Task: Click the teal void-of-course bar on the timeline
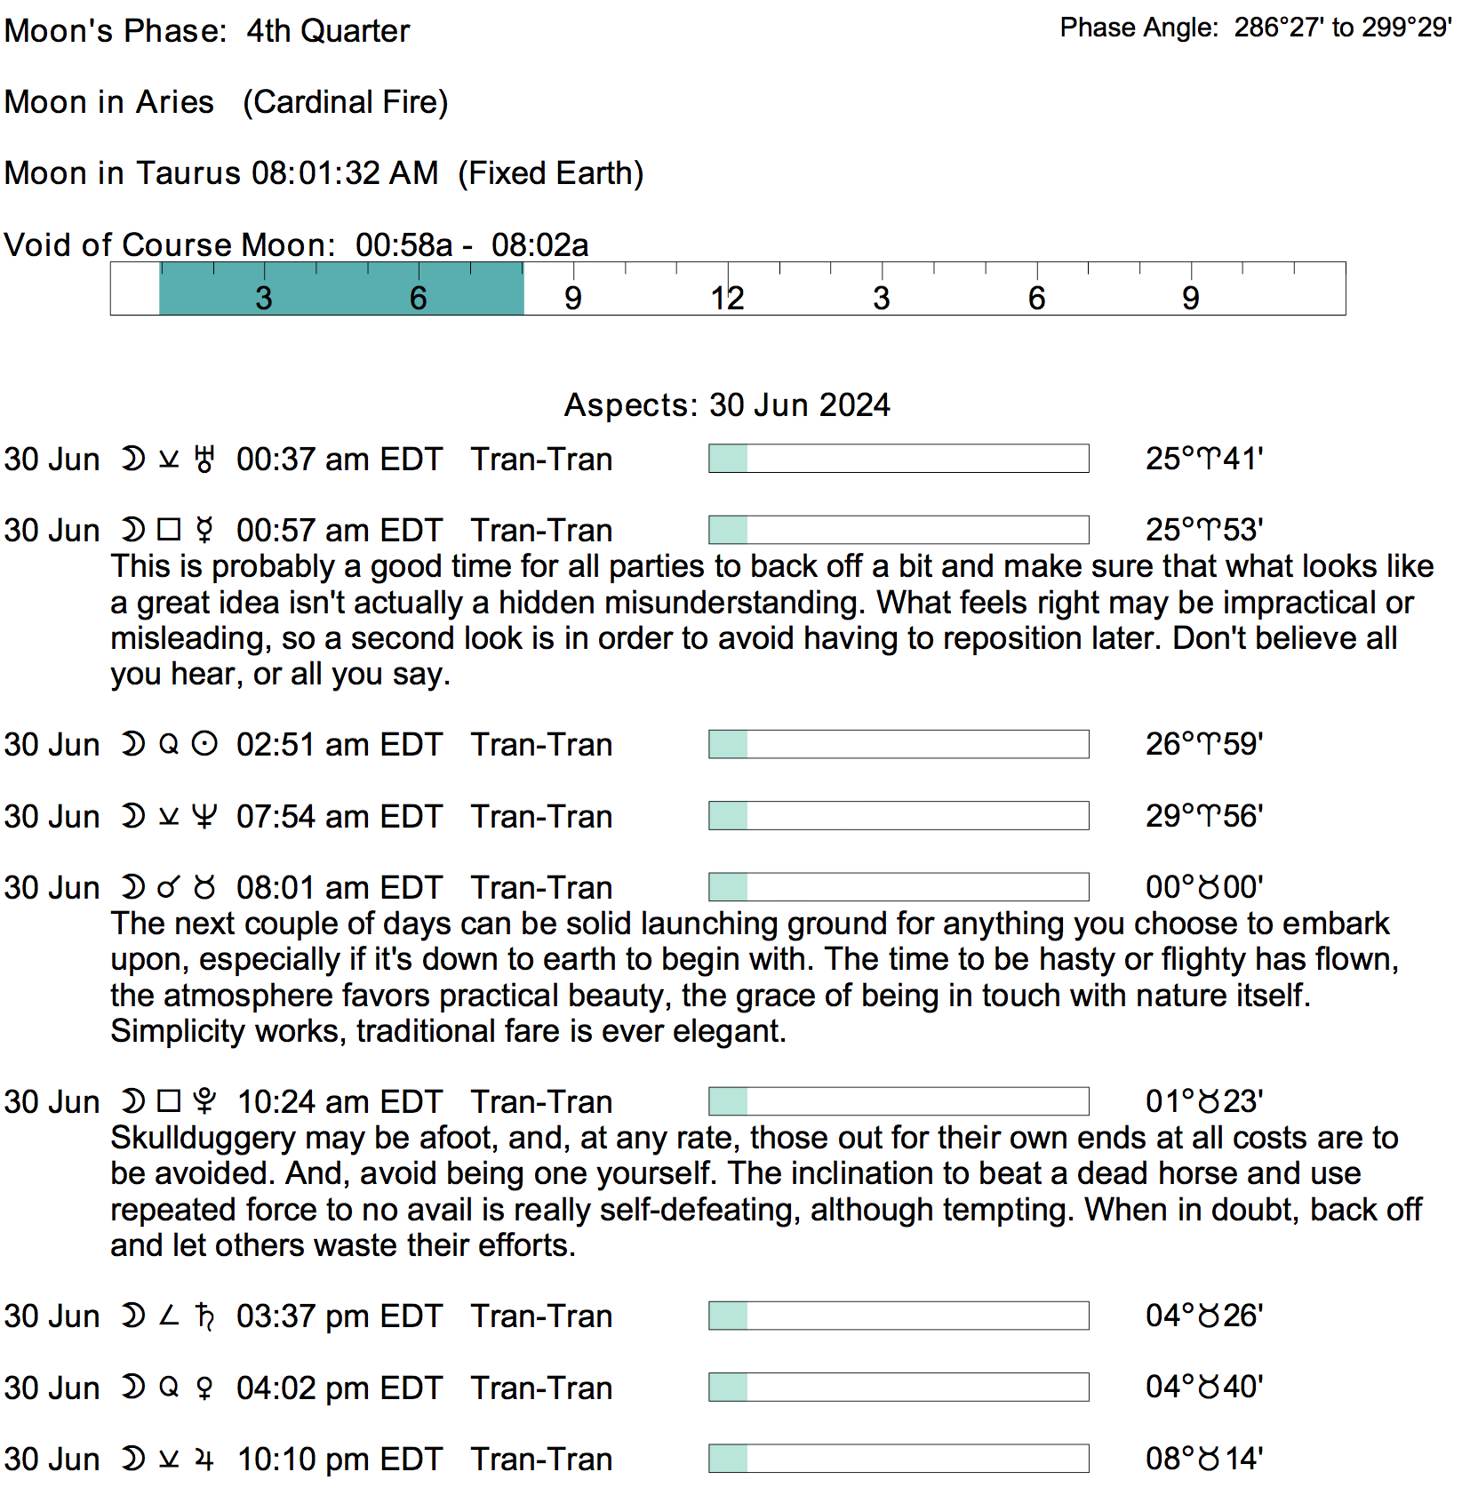pyautogui.click(x=341, y=289)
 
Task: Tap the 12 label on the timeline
pyautogui.click(x=727, y=299)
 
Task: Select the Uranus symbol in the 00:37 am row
pyautogui.click(x=204, y=460)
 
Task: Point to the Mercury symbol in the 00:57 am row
pyautogui.click(x=204, y=531)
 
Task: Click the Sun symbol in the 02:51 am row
pyautogui.click(x=204, y=745)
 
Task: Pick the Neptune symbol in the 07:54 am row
pyautogui.click(x=204, y=817)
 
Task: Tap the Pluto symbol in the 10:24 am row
pyautogui.click(x=204, y=1102)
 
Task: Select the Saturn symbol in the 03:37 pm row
pyautogui.click(x=204, y=1316)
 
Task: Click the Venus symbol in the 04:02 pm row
pyautogui.click(x=204, y=1388)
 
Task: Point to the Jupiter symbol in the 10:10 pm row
pyautogui.click(x=204, y=1460)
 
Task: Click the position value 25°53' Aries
pyautogui.click(x=1203, y=531)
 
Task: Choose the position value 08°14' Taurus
pyautogui.click(x=1203, y=1460)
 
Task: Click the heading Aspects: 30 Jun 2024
pyautogui.click(x=727, y=405)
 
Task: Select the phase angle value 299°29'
pyautogui.click(x=1407, y=28)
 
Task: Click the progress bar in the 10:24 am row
pyautogui.click(x=899, y=1101)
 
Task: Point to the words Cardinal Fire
pyautogui.click(x=346, y=102)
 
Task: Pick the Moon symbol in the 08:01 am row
pyautogui.click(x=132, y=888)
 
